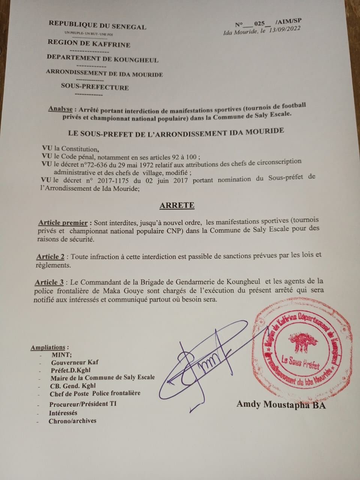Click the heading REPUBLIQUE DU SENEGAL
coord(97,25)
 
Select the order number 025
coord(259,23)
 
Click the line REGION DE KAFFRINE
coord(89,44)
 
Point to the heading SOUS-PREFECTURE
coord(95,87)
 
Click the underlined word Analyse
coord(60,109)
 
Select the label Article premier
coord(63,222)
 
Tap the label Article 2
coord(50,257)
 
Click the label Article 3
coord(49,282)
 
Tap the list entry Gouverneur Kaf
coord(75,363)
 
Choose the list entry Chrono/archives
coord(72,421)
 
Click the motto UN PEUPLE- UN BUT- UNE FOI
coord(86,33)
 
